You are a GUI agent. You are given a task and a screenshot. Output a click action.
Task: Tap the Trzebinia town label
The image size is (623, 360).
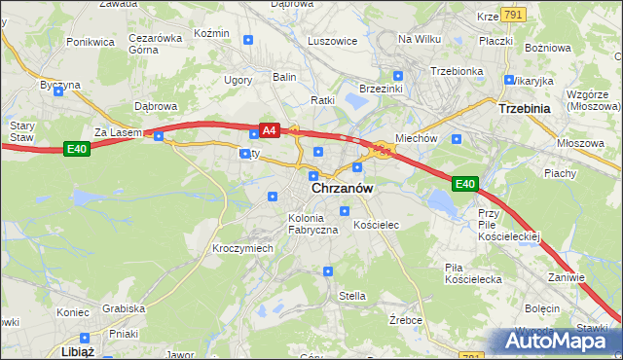coord(525,109)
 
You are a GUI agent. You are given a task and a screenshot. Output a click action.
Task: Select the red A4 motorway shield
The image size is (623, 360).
coord(270,129)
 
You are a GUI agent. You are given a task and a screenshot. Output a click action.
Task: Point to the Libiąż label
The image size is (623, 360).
coord(77,351)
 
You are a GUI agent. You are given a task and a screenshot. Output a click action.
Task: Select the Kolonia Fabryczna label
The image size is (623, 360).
coord(312,224)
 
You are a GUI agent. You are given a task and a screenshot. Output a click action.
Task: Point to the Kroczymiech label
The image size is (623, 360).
coord(242,248)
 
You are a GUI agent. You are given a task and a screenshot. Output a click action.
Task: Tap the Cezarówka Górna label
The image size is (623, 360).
coord(156,44)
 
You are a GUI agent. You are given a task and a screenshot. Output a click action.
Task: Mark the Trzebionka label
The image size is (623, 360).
coord(457,71)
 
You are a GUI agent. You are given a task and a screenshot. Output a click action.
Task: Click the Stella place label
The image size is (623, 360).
coord(351,295)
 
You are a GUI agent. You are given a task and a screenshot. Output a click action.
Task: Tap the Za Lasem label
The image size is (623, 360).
coord(118,132)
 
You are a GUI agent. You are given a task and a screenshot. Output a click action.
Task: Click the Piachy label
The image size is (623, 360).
coord(560,174)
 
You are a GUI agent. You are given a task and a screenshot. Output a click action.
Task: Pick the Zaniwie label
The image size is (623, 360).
coord(566,277)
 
